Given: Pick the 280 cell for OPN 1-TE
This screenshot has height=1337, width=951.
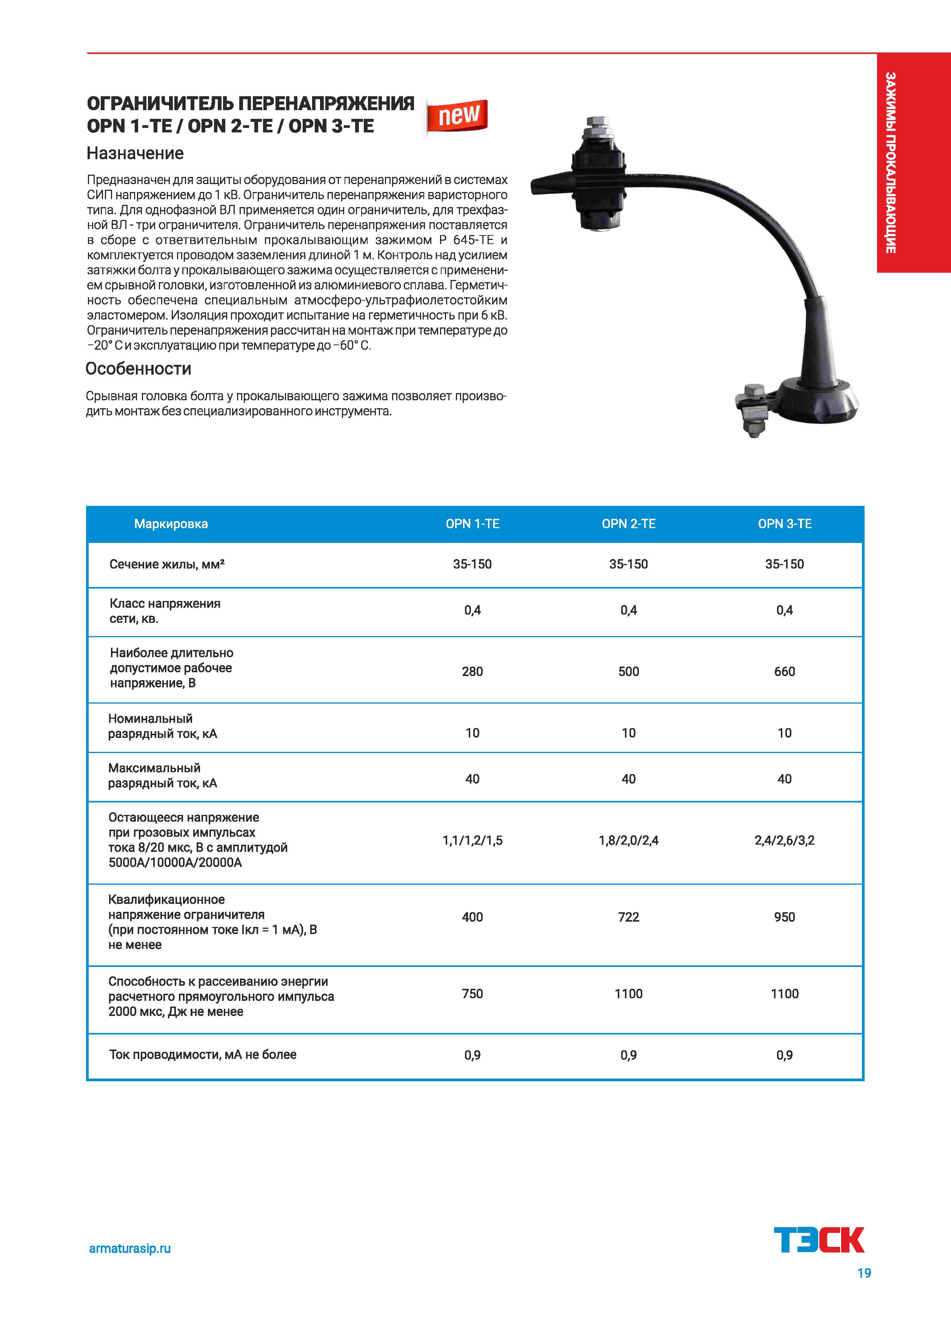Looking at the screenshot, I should point(472,672).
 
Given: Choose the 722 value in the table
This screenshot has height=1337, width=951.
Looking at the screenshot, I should point(628,917).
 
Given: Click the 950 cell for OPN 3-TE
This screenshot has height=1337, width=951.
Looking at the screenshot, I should point(784,917).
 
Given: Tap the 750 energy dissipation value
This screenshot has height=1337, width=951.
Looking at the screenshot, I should point(472,993).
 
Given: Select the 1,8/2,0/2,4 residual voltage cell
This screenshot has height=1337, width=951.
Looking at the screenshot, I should point(628,840).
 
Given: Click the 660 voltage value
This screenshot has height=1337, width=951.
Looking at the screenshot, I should point(784,672).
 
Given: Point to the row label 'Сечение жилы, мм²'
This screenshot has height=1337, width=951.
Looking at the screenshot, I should point(167,564).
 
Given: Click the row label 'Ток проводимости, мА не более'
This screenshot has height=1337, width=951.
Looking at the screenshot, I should point(203,1054).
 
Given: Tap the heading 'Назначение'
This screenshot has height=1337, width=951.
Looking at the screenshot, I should point(135,154).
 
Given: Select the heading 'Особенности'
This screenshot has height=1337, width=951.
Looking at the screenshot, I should point(138,369).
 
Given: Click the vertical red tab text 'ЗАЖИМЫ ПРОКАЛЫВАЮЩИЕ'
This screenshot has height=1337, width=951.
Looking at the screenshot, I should point(890,163).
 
